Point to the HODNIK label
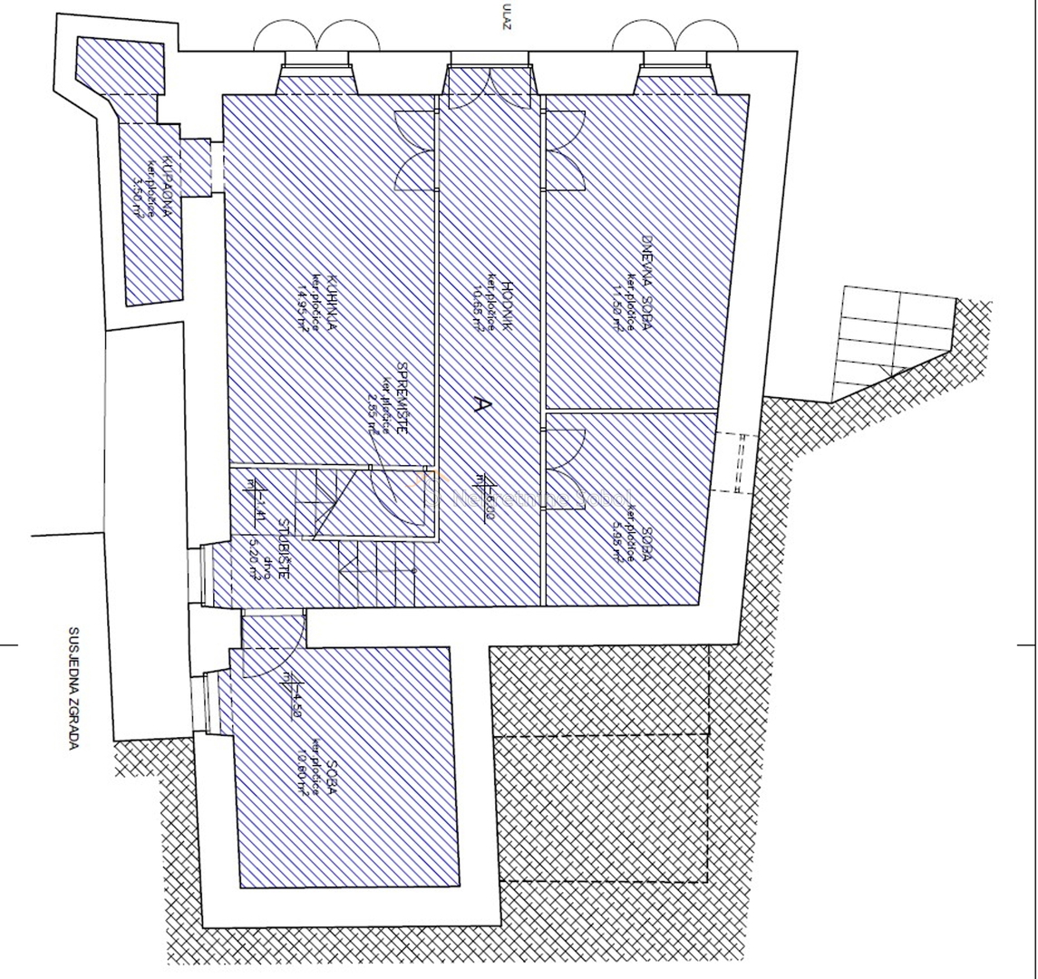(x=509, y=306)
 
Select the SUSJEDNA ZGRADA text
(x=74, y=690)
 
